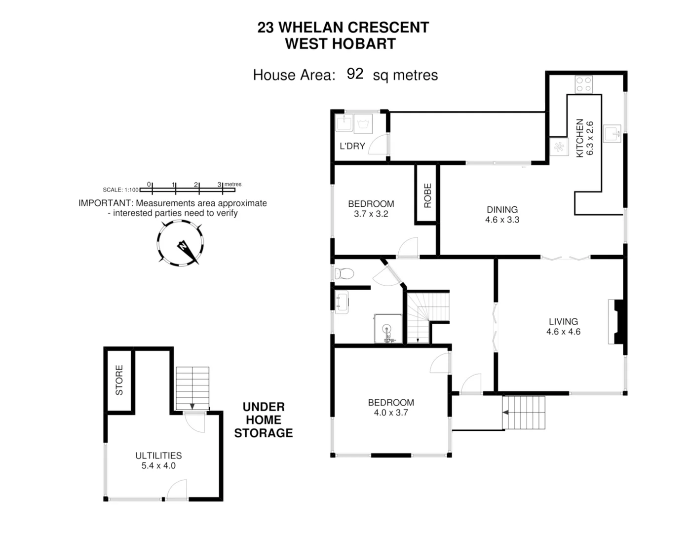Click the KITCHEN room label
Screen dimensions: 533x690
[580, 138]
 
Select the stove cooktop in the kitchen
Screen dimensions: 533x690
[584, 84]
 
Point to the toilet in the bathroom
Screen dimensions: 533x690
[345, 273]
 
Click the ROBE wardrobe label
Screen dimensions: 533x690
[427, 195]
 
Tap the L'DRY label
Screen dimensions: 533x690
[352, 146]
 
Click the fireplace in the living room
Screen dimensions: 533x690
[616, 321]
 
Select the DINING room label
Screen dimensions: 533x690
[502, 209]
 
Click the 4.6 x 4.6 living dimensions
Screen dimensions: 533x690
[563, 332]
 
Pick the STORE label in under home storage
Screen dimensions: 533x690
[119, 380]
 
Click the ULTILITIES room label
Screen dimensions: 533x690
[158, 456]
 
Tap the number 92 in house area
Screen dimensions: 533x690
[355, 74]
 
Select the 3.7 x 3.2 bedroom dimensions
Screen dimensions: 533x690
[371, 214]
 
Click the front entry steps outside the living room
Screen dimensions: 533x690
[524, 412]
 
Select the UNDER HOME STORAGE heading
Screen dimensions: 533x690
[264, 420]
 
